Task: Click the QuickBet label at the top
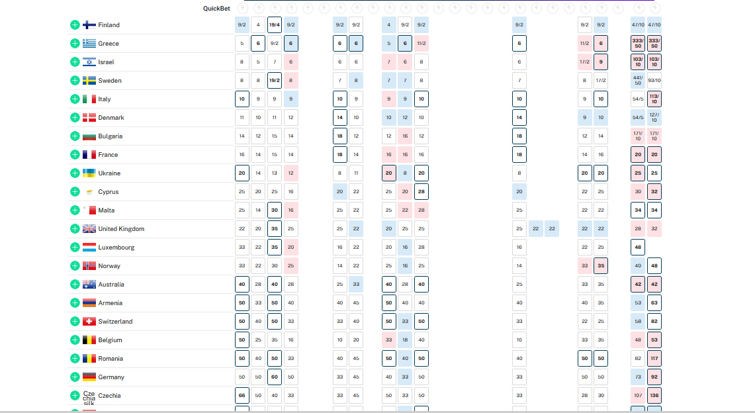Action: click(216, 9)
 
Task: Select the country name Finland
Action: click(109, 25)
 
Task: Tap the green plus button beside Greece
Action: click(75, 44)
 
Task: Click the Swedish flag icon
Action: click(89, 81)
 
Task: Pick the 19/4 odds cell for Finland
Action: click(275, 25)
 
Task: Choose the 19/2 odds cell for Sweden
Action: click(275, 81)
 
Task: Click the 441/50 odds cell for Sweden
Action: click(638, 81)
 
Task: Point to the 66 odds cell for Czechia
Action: click(242, 396)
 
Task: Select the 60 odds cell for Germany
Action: click(275, 377)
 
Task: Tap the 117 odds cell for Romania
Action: click(654, 359)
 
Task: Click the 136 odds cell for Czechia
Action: click(654, 396)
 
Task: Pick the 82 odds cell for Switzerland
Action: click(654, 322)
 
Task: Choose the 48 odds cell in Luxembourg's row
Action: click(638, 248)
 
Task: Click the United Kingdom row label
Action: click(121, 229)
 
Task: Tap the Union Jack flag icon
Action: click(89, 229)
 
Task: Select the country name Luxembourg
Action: click(116, 248)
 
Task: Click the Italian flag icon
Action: click(89, 99)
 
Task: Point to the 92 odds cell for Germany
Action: click(654, 377)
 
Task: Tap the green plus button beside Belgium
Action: click(75, 340)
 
